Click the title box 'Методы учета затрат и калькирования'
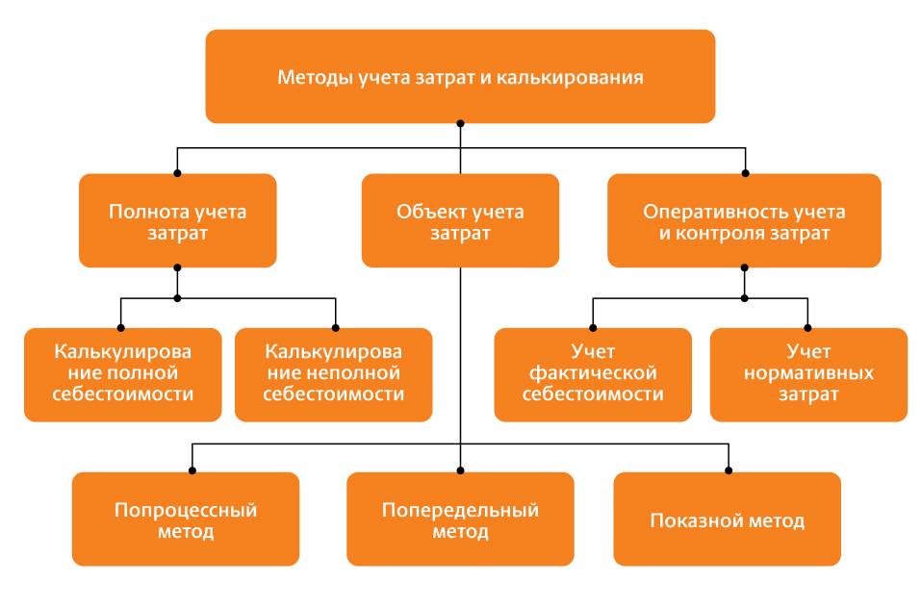(x=460, y=76)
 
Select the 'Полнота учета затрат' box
(x=177, y=220)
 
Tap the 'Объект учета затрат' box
(x=460, y=220)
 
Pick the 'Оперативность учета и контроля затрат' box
(x=744, y=220)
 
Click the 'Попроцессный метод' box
(x=186, y=520)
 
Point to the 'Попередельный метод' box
(x=460, y=520)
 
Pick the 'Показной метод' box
(x=727, y=520)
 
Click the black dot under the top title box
(x=460, y=123)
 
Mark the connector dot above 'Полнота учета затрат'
(x=177, y=173)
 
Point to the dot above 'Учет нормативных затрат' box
(x=808, y=328)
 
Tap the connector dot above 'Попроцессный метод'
(x=193, y=471)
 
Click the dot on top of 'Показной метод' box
(x=728, y=471)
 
